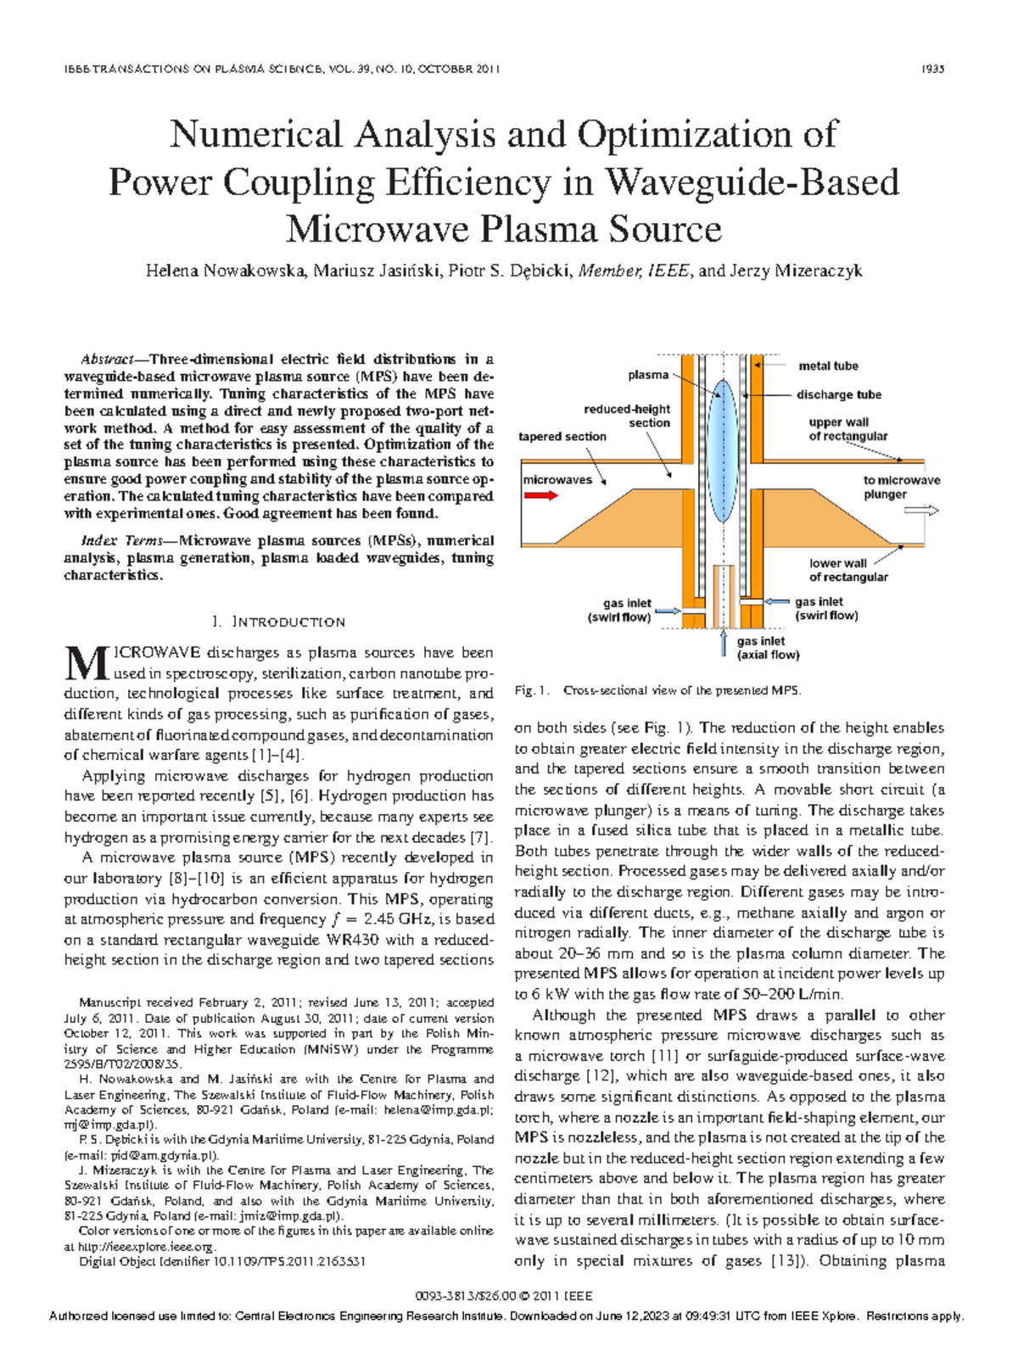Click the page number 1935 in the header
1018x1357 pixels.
pyautogui.click(x=932, y=70)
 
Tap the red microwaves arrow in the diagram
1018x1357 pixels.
pyautogui.click(x=540, y=495)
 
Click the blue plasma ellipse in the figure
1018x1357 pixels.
pyautogui.click(x=722, y=451)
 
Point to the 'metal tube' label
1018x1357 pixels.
pyautogui.click(x=827, y=366)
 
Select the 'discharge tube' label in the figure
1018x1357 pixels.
pyautogui.click(x=838, y=395)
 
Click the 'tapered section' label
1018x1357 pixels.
pyautogui.click(x=562, y=437)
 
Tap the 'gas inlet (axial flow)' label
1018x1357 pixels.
pyautogui.click(x=767, y=648)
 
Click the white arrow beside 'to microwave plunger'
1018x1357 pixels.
pyautogui.click(x=921, y=511)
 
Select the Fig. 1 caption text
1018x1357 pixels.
pyautogui.click(x=657, y=690)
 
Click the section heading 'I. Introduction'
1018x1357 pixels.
pyautogui.click(x=279, y=622)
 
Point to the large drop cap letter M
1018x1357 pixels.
pyautogui.click(x=86, y=664)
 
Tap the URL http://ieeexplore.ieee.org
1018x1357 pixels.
pyautogui.click(x=145, y=1247)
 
